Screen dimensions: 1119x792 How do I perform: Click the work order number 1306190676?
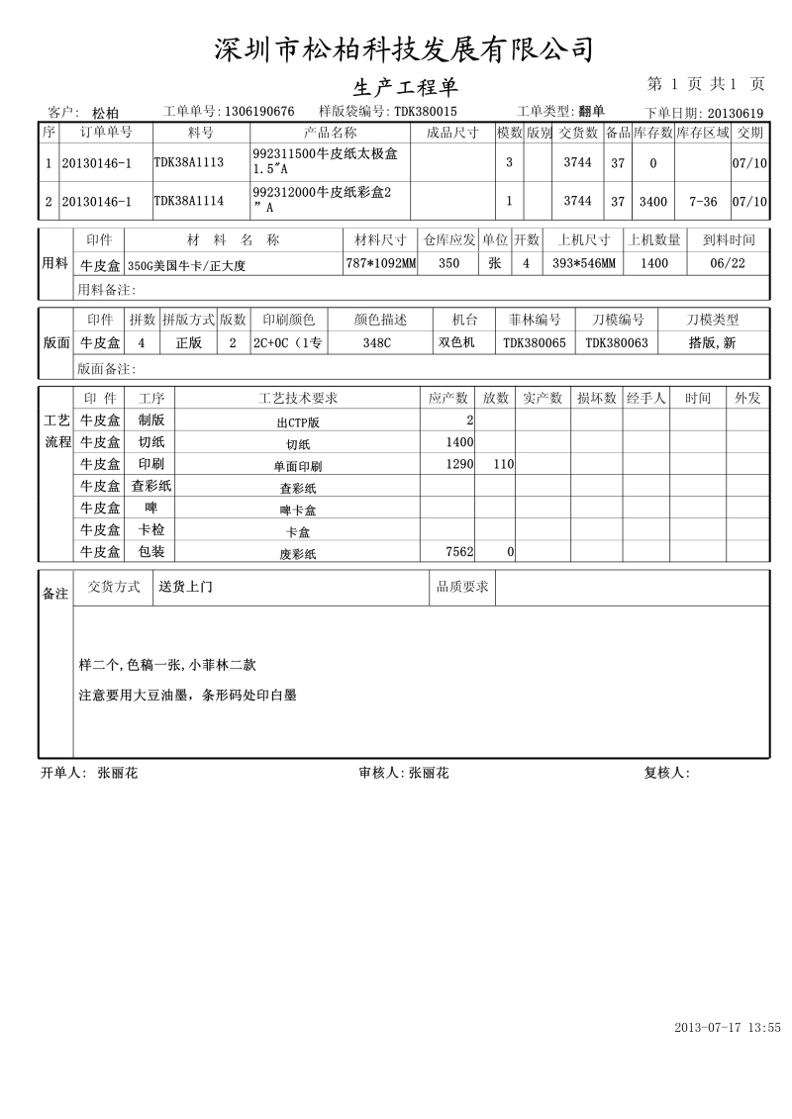point(259,112)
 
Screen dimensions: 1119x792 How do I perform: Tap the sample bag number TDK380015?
point(426,112)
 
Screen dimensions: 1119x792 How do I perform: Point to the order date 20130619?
point(735,114)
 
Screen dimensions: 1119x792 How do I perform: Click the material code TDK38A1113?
point(188,162)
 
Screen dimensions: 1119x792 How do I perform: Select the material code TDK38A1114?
point(188,201)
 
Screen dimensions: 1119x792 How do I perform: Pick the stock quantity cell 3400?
point(652,201)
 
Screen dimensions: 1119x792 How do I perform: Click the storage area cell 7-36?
point(703,201)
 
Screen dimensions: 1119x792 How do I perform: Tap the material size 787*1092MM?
point(381,264)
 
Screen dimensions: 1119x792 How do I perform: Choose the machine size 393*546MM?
point(583,264)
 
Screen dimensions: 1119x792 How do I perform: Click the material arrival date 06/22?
point(729,264)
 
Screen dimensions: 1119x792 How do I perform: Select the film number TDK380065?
point(535,343)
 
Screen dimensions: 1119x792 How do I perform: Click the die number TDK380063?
point(617,343)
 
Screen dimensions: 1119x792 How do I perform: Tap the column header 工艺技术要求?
point(298,399)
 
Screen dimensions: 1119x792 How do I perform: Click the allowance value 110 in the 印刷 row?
point(503,464)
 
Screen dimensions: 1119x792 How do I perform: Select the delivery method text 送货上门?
point(186,587)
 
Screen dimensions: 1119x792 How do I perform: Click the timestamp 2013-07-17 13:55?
point(728,1028)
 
